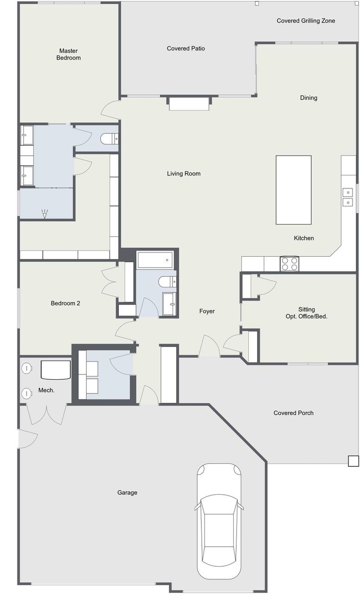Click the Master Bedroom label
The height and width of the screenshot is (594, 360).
point(68,54)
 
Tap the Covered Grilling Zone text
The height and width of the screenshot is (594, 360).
point(306,21)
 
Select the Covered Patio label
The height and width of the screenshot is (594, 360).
point(186,48)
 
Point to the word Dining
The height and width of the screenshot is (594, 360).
point(309,98)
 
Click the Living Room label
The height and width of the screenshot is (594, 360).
point(183,174)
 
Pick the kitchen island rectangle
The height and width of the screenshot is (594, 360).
point(294,190)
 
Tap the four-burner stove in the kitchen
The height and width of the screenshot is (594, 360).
point(289,264)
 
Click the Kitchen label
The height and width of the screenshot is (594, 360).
point(304,238)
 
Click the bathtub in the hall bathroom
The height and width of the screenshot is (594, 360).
point(155,260)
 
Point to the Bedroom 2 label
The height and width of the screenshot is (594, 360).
point(65,303)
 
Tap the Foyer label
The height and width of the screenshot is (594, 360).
point(207,311)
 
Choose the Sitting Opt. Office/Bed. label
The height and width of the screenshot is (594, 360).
point(307,313)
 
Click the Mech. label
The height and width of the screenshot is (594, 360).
point(46,390)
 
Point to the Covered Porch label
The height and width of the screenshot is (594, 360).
point(294,413)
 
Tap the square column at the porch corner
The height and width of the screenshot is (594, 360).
point(353,461)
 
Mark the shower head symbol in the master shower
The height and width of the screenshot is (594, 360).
point(45,214)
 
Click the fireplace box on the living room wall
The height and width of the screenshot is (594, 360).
point(189,103)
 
